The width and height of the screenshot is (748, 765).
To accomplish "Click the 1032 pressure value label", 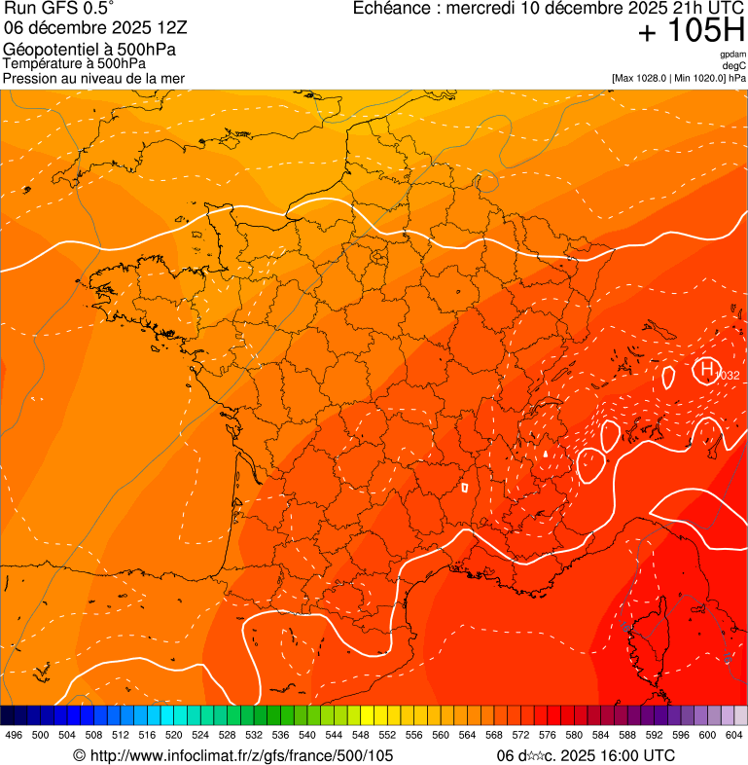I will (x=727, y=376).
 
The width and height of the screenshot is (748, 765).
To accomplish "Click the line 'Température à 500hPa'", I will (x=75, y=63).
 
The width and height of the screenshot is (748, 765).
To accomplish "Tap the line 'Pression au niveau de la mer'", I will (x=93, y=78).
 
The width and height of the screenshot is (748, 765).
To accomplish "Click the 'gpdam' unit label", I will (x=733, y=55).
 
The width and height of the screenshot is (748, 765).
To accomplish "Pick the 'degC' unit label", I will (x=735, y=66).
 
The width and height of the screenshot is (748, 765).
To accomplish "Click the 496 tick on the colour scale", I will (x=14, y=736).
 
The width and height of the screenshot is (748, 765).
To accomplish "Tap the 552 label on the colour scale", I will (x=387, y=736).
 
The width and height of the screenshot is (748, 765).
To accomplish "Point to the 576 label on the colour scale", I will (x=547, y=736).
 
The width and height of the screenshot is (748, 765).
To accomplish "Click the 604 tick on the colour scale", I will (x=733, y=736).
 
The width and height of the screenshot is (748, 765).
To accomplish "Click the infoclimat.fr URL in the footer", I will (x=233, y=755).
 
